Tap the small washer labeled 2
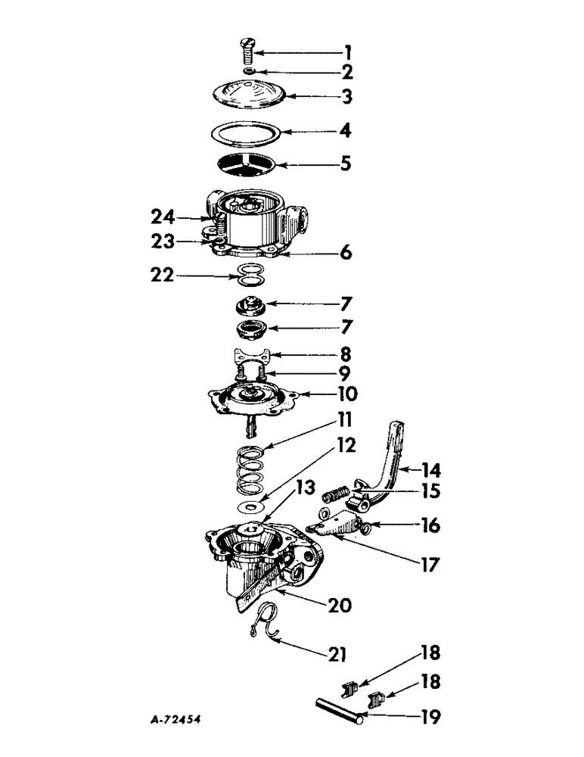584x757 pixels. pos(249,72)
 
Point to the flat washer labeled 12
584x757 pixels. pos(249,505)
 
